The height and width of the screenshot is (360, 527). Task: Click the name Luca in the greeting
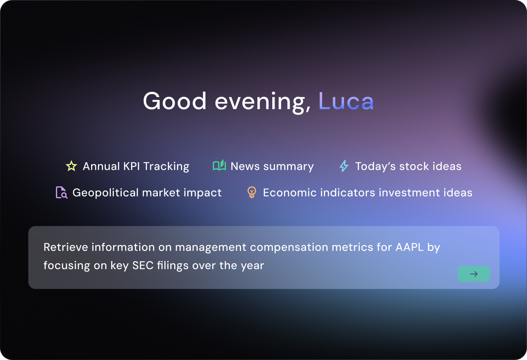coord(346,101)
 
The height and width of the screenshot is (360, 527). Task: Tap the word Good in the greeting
coord(175,101)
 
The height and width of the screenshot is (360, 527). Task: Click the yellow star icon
coord(71,166)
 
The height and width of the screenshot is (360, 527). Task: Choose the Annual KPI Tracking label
coord(136,166)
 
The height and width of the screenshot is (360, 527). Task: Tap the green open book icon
coord(219,165)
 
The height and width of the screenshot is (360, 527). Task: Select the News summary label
coord(272,166)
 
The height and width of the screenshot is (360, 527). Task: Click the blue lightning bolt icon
coord(344,166)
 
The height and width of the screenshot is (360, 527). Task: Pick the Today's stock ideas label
coord(408,166)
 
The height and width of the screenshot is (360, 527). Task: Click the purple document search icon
coord(61,193)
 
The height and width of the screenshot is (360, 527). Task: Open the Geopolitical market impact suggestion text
coord(147,193)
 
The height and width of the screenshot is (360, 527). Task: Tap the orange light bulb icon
coord(251,192)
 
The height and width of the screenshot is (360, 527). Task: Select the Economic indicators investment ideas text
coord(368,193)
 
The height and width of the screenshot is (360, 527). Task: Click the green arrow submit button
coord(474,274)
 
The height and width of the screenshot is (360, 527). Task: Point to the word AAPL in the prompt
coord(409,247)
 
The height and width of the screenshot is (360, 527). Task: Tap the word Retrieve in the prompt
coord(66,247)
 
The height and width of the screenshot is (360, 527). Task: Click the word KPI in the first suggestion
coord(131,166)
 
